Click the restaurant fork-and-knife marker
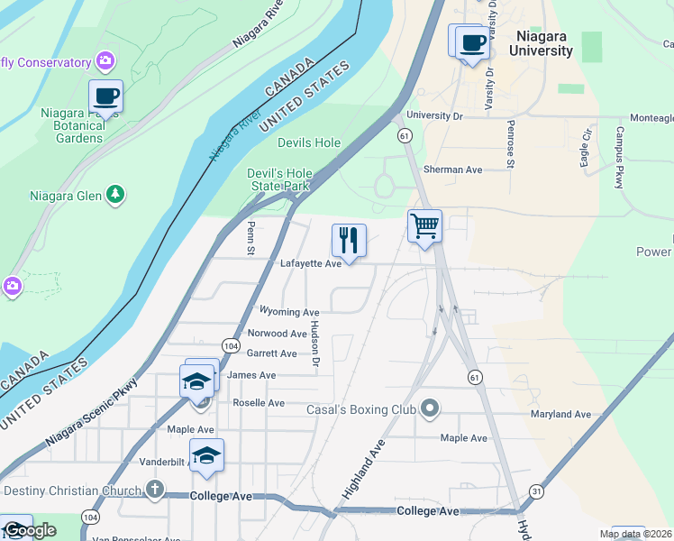point(349,241)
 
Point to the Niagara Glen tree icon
point(114,194)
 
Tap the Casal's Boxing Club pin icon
point(430,408)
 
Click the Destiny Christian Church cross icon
point(154,491)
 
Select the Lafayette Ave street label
point(311,263)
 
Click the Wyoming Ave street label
point(289,312)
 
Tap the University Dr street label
point(434,115)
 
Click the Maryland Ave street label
point(560,414)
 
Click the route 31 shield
point(537,491)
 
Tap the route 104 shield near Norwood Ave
point(231,345)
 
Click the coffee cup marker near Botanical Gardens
point(105,96)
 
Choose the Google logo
point(31,530)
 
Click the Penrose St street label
point(510,144)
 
